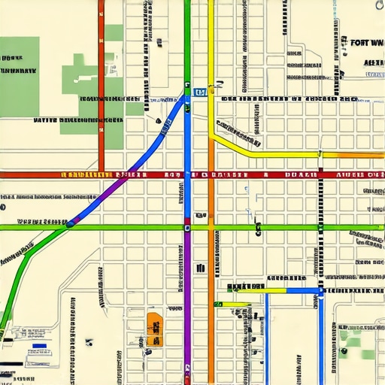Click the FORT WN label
[x=366, y=44]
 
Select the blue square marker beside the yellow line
[x=200, y=92]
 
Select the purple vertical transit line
[x=187, y=316]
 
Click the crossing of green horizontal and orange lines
[x=211, y=226]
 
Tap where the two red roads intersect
[x=101, y=174]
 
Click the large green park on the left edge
[x=17, y=83]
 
